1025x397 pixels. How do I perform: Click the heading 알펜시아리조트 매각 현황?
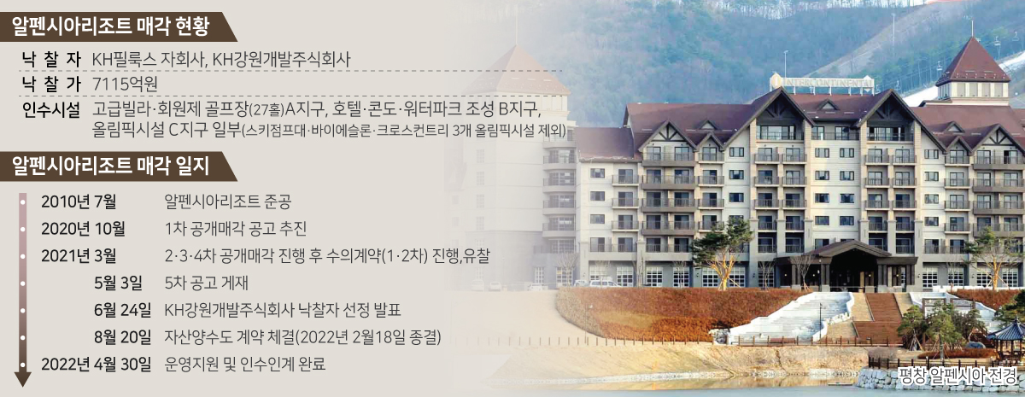[x=110, y=26]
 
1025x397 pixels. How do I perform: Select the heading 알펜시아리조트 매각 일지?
[x=110, y=166]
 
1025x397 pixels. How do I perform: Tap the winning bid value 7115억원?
[x=125, y=85]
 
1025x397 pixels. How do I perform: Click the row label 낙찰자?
[x=51, y=60]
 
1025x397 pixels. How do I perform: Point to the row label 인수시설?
[x=51, y=110]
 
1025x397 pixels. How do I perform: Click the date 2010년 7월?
[x=79, y=201]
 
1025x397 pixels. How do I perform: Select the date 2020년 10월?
[x=84, y=229]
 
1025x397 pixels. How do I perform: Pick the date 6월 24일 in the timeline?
[x=123, y=310]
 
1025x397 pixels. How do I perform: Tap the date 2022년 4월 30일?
[x=96, y=365]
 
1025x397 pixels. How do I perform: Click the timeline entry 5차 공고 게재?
[x=207, y=283]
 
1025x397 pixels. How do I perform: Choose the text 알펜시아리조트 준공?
[x=228, y=201]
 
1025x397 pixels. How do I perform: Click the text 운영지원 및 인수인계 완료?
[x=245, y=365]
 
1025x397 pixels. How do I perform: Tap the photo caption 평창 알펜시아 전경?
[x=958, y=376]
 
